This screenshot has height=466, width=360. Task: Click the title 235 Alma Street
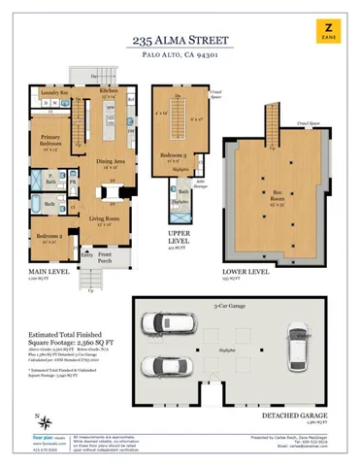(180, 42)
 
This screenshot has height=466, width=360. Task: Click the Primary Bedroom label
(51, 143)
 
